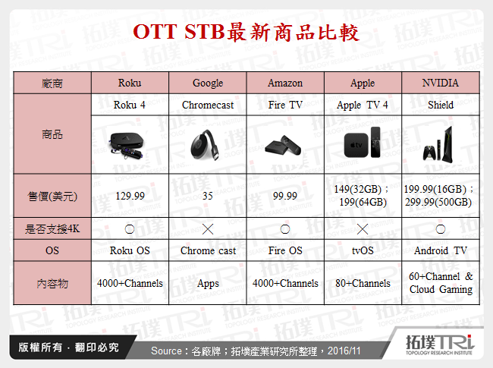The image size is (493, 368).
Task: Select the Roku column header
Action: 130,83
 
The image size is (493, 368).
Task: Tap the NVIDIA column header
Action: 441,83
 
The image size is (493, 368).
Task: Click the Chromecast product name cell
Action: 208,105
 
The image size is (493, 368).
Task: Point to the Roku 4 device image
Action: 130,144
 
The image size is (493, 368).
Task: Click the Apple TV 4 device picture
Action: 362,144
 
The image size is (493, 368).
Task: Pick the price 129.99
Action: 130,196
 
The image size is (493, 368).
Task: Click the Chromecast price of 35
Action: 208,196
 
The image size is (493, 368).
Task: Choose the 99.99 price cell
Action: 285,196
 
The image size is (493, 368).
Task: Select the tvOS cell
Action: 362,250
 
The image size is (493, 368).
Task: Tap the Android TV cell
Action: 441,250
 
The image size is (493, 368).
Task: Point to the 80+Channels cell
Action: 362,283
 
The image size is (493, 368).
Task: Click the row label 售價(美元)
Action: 52,196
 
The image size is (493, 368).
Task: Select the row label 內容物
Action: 52,283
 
